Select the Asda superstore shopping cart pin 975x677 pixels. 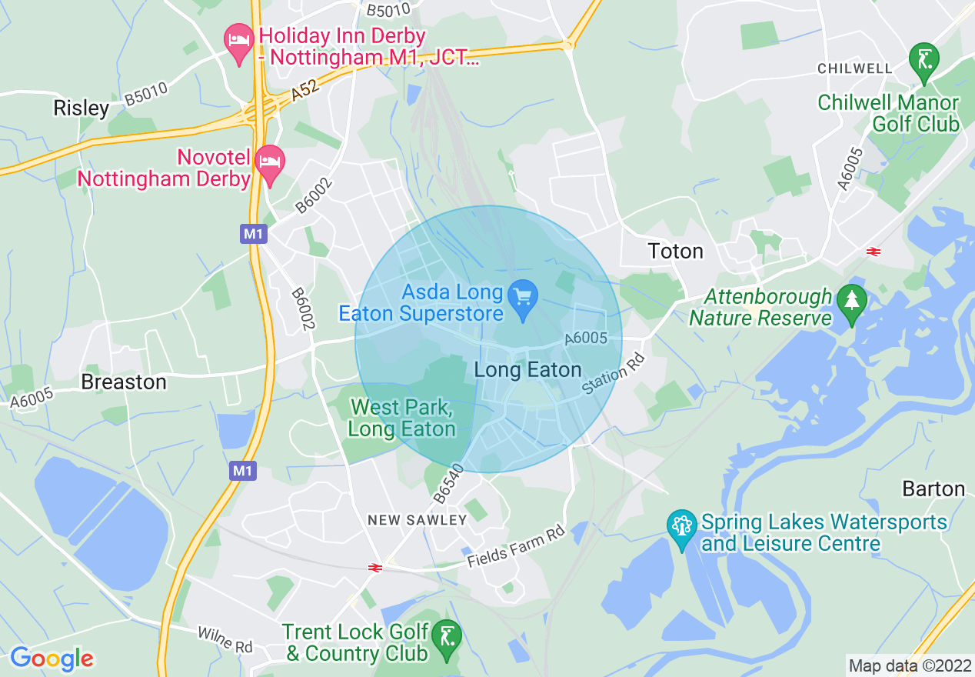(x=524, y=298)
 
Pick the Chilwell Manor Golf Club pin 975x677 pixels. (x=923, y=63)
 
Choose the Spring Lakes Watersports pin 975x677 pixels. (x=681, y=530)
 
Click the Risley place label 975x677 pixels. (x=81, y=108)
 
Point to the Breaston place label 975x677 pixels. (x=123, y=382)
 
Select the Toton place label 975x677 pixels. (x=676, y=252)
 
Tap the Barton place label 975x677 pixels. (x=933, y=489)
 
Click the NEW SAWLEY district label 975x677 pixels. (x=418, y=520)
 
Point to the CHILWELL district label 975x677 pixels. (x=855, y=68)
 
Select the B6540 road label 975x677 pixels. (x=449, y=484)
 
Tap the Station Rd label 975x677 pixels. (x=612, y=375)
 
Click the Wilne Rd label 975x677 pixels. (x=225, y=639)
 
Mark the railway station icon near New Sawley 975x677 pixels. (x=375, y=568)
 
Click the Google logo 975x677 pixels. (x=52, y=659)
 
